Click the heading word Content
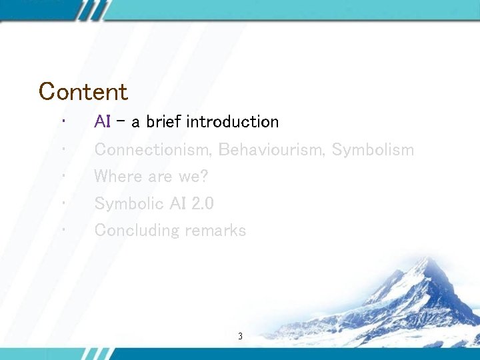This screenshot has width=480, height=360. click(x=83, y=91)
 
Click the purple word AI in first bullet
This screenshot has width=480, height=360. click(x=102, y=122)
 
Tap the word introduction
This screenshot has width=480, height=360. click(x=233, y=122)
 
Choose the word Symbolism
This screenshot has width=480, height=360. click(x=373, y=150)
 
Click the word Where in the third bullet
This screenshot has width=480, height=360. click(x=115, y=177)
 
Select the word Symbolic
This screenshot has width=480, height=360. click(x=125, y=203)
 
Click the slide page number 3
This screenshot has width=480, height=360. click(x=240, y=337)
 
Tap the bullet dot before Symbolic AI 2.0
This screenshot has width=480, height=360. click(x=61, y=202)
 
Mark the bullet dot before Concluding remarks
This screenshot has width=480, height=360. click(x=61, y=229)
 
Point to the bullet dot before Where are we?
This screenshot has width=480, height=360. click(x=61, y=175)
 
